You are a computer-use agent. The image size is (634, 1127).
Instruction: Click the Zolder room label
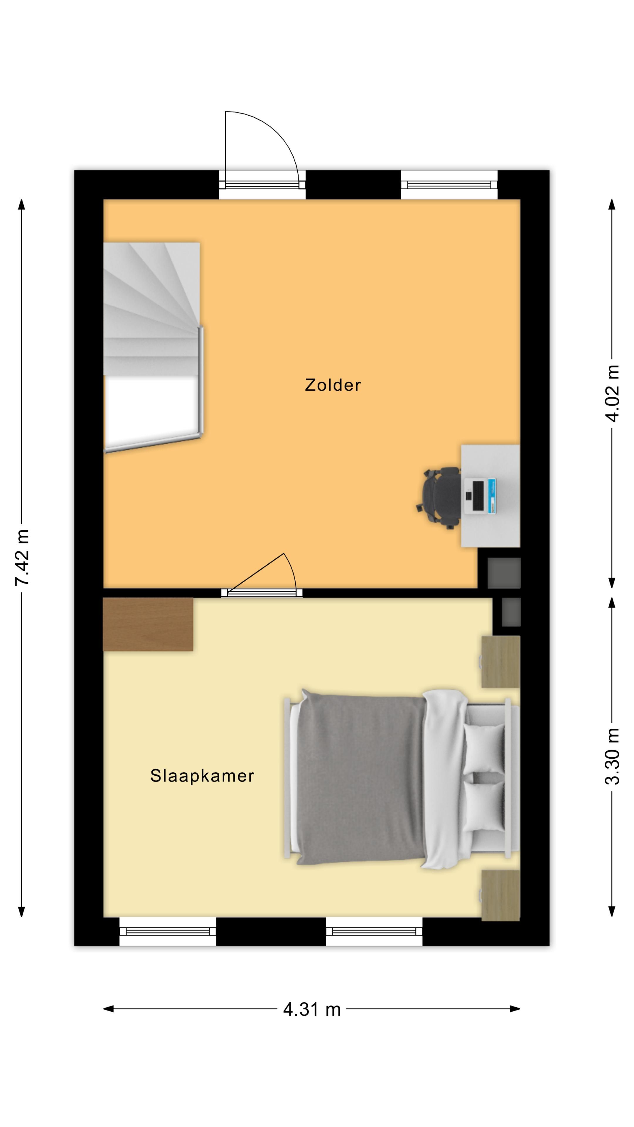click(333, 385)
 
